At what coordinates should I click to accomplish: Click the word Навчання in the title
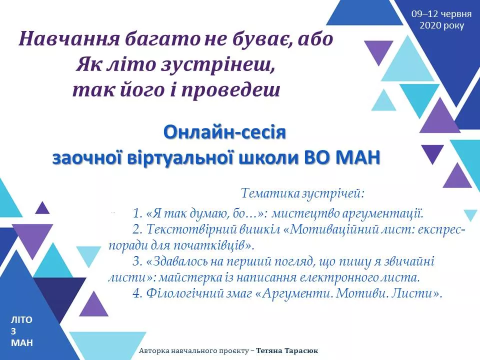(x=68, y=39)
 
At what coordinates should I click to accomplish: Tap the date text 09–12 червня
(x=441, y=14)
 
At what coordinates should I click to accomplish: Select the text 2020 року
(x=441, y=25)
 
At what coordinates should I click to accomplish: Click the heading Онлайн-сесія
(x=224, y=132)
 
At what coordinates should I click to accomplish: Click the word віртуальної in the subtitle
(x=180, y=157)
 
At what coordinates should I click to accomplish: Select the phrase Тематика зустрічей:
(x=303, y=193)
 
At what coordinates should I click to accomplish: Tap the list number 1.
(x=138, y=213)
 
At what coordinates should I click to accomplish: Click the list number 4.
(x=138, y=293)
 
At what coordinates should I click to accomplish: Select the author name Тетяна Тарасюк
(x=287, y=350)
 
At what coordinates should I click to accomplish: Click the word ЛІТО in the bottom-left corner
(x=21, y=320)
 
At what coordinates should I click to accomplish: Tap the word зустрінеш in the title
(x=217, y=65)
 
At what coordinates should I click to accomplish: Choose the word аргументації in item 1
(x=382, y=213)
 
